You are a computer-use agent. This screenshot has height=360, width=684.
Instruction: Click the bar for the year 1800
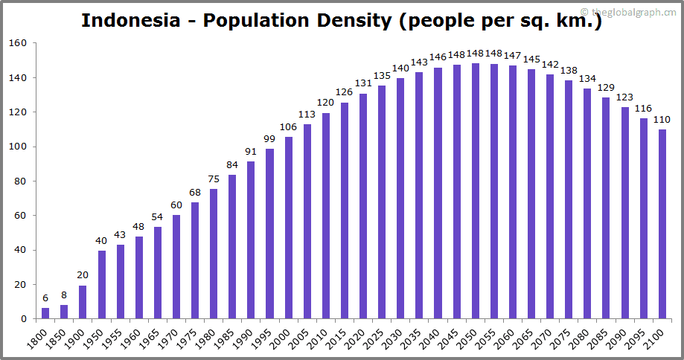click(45, 313)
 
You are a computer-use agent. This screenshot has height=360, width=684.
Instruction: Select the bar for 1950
click(102, 285)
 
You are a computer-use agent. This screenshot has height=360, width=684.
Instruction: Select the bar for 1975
click(195, 260)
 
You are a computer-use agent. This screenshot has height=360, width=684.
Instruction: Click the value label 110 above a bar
click(662, 120)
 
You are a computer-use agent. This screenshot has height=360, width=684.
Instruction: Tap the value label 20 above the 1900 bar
click(83, 274)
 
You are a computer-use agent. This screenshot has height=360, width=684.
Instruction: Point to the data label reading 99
click(269, 139)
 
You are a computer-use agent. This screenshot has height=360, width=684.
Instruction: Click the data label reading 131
click(363, 83)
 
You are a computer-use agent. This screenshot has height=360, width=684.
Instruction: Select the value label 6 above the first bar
click(45, 298)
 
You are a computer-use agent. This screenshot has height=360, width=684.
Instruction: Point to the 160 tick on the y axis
click(19, 43)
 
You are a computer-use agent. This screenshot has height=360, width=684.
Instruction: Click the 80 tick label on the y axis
click(21, 181)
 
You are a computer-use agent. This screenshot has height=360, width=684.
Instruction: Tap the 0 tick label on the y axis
click(24, 319)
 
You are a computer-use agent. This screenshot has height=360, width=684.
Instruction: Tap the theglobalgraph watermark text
click(633, 12)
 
